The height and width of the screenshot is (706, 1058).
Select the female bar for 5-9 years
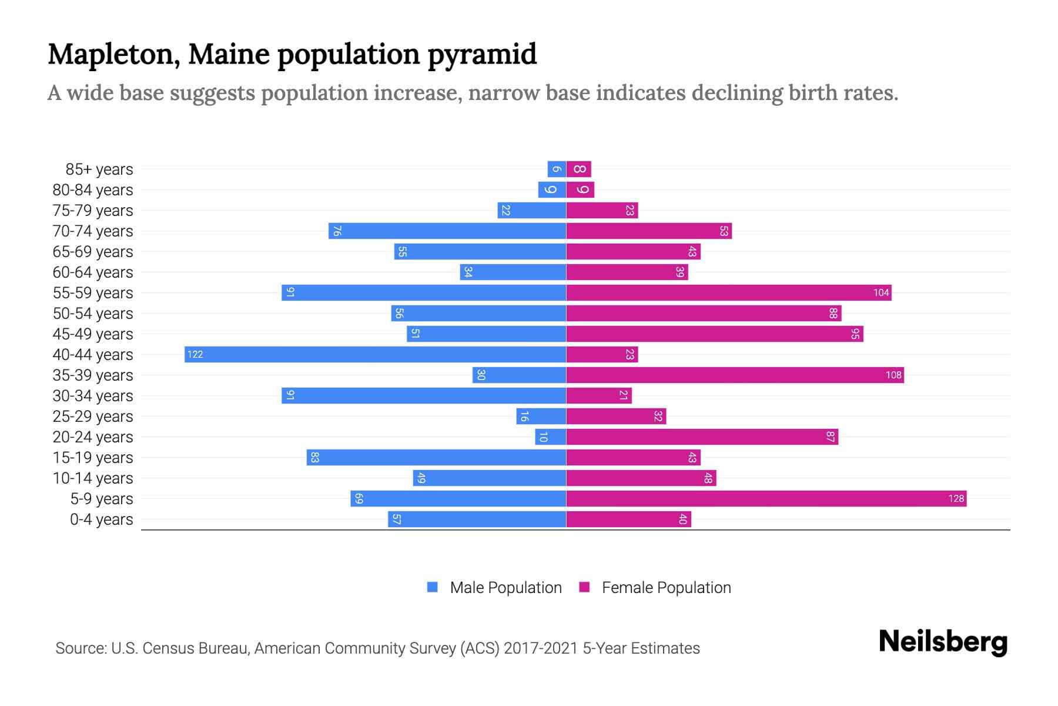(766, 498)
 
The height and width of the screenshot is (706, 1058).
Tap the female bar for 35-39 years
(735, 375)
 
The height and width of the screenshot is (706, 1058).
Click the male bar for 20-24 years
(551, 437)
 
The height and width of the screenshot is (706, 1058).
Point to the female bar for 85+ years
(579, 169)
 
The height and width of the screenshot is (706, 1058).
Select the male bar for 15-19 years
(436, 457)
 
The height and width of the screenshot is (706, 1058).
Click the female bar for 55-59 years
(729, 292)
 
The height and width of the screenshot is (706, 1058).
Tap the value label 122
(195, 354)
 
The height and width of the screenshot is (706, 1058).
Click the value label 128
(956, 498)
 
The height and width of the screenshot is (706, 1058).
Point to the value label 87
(830, 437)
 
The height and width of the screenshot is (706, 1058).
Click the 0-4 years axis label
(101, 519)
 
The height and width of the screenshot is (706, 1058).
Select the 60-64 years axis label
(93, 272)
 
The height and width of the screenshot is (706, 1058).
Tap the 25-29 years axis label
(93, 417)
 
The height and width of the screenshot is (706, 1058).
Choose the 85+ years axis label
(99, 169)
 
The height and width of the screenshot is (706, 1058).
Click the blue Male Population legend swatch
(433, 587)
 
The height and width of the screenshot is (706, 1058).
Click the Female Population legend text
(666, 587)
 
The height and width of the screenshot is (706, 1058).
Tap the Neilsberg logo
(943, 642)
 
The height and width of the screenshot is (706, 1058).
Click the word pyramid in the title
(481, 55)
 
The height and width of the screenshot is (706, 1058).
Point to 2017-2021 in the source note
(541, 648)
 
